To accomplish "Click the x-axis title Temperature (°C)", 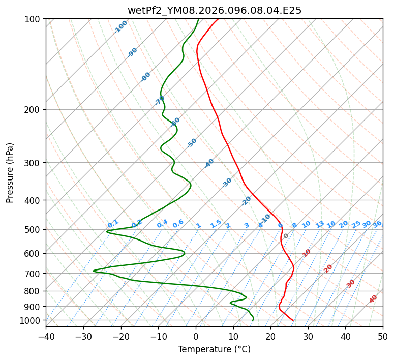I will pyautogui.click(x=214, y=350).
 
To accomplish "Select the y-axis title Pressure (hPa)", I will pyautogui.click(x=10, y=173).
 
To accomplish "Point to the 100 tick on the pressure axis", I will pyautogui.click(x=34, y=19).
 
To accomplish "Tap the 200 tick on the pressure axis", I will pyautogui.click(x=34, y=109).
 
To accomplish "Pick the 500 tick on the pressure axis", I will pyautogui.click(x=34, y=229).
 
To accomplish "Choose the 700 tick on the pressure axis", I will pyautogui.click(x=34, y=273).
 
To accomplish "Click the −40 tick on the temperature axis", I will pyautogui.click(x=46, y=336).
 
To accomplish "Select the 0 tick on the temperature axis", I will pyautogui.click(x=196, y=336).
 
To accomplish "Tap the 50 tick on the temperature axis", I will pyautogui.click(x=383, y=336).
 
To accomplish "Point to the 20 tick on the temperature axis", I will pyautogui.click(x=270, y=336).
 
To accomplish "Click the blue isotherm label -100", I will pyautogui.click(x=121, y=26).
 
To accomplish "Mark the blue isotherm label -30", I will pyautogui.click(x=227, y=183).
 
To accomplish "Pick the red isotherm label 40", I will pyautogui.click(x=373, y=299).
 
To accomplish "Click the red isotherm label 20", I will pyautogui.click(x=328, y=268).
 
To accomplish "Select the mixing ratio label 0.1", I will pyautogui.click(x=113, y=223).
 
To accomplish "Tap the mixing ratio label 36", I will pyautogui.click(x=377, y=224).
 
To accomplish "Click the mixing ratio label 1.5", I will pyautogui.click(x=216, y=223).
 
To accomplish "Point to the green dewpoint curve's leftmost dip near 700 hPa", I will pyautogui.click(x=94, y=271).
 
